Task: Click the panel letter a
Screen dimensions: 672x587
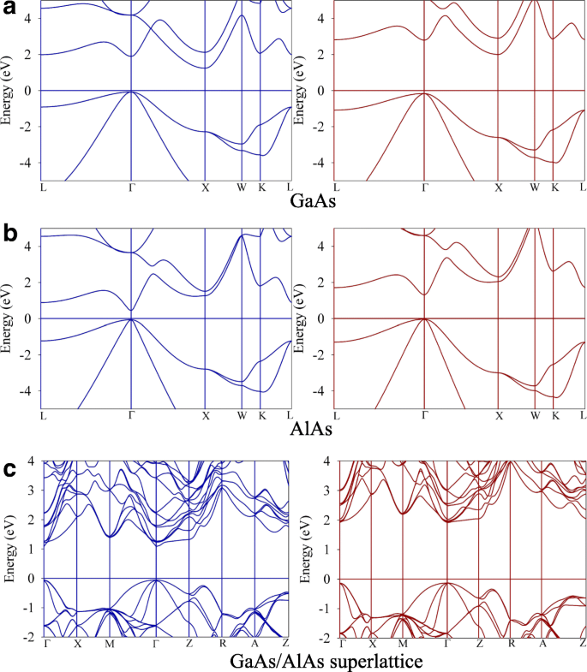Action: pos(9,8)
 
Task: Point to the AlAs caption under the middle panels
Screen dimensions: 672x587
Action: pos(312,425)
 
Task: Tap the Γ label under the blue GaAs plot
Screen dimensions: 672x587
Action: pos(131,187)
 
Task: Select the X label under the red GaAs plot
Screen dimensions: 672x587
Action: pos(499,187)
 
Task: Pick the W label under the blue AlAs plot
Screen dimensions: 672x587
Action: pos(243,415)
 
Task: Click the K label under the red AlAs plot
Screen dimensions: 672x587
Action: pos(554,415)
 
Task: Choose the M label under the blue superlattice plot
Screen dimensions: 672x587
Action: pos(109,643)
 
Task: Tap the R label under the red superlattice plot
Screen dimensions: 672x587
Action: pos(512,643)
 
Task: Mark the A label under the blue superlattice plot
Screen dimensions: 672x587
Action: pos(255,643)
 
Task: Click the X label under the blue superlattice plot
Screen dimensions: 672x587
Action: pos(77,643)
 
